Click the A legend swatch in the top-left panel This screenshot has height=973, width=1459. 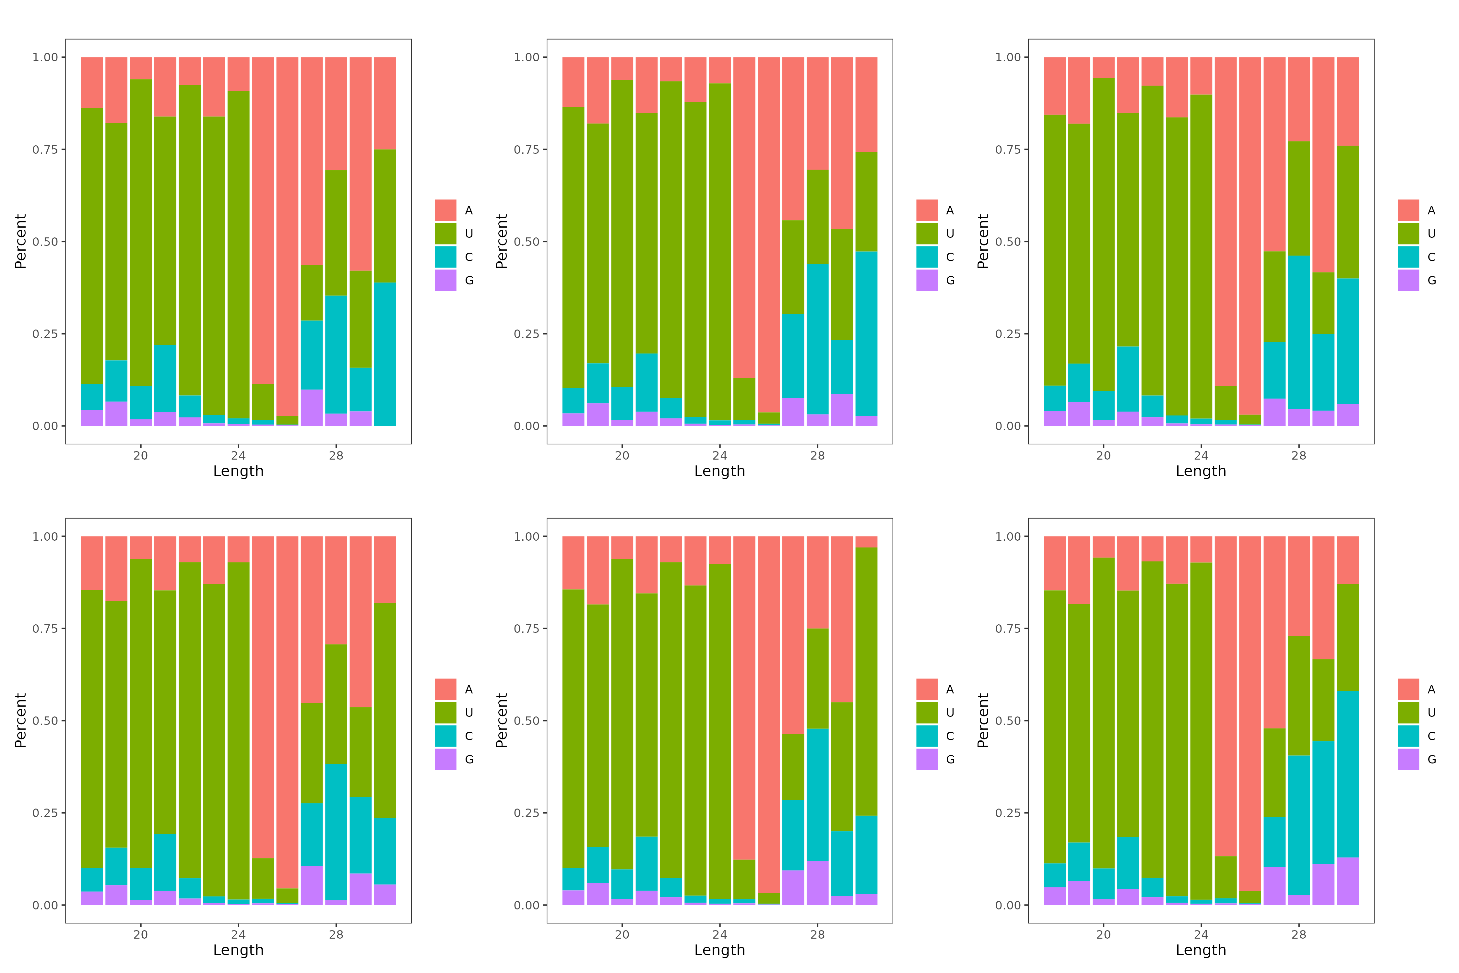pyautogui.click(x=445, y=210)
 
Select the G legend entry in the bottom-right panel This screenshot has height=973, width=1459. pyautogui.click(x=1408, y=760)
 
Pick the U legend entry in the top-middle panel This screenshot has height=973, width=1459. pyautogui.click(x=927, y=233)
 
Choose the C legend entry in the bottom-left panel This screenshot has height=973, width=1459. pyautogui.click(x=445, y=736)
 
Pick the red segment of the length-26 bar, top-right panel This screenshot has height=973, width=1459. pyautogui.click(x=1250, y=236)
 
